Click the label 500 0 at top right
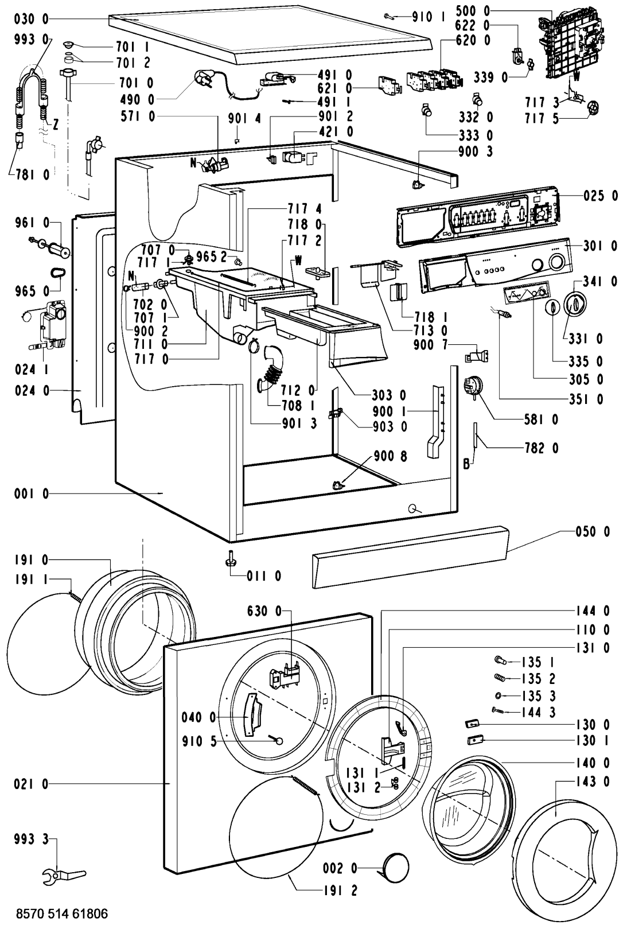[473, 11]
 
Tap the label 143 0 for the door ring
[593, 781]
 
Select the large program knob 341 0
[575, 302]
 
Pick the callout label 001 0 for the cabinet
[29, 493]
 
